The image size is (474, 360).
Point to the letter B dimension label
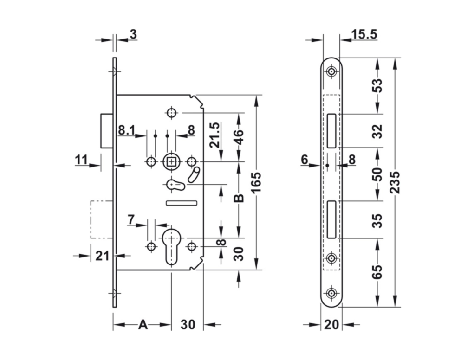click(238, 198)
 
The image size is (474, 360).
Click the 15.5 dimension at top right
click(364, 34)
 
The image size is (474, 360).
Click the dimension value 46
click(238, 138)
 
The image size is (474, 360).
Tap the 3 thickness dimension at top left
click(133, 34)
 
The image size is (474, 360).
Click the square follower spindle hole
click(172, 161)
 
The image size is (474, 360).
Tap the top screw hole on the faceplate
click(331, 72)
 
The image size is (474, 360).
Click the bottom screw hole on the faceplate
click(331, 293)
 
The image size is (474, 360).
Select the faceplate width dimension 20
click(331, 325)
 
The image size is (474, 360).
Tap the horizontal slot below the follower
click(182, 202)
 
